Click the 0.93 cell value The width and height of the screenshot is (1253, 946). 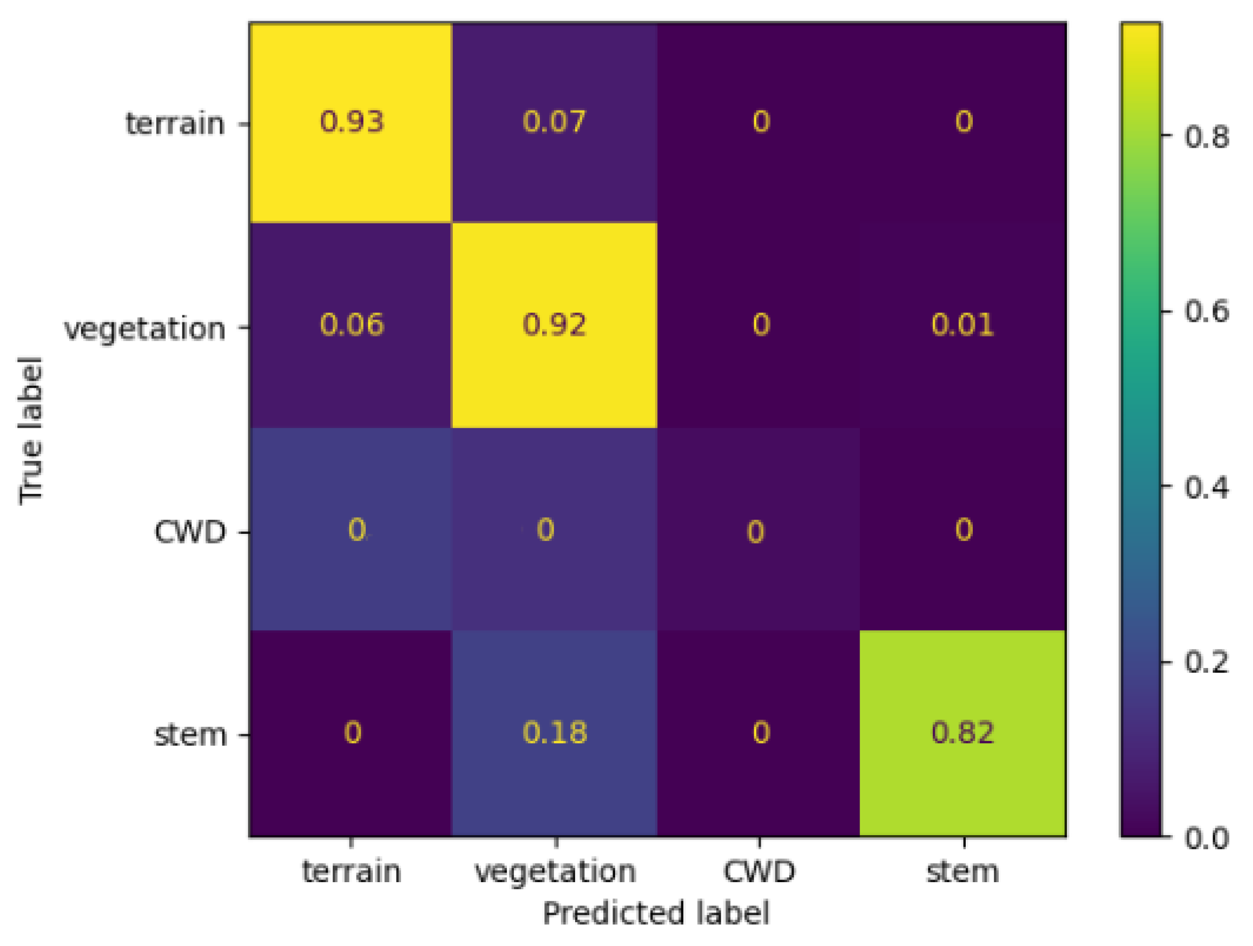tap(351, 122)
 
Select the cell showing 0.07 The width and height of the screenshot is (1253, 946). tap(554, 122)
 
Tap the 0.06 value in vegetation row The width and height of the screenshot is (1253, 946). tap(351, 325)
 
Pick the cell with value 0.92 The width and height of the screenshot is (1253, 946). tap(554, 325)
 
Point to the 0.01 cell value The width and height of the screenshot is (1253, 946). tap(962, 325)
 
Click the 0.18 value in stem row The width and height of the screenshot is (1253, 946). tap(554, 732)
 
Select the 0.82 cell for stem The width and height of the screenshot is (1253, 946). tap(962, 732)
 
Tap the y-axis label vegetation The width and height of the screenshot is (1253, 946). tap(144, 328)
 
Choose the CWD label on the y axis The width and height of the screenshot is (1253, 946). tap(190, 532)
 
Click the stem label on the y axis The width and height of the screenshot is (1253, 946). tap(190, 735)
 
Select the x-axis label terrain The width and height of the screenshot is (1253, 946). tap(351, 871)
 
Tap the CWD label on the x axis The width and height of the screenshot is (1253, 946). tap(759, 871)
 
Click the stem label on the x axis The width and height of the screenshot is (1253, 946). tap(962, 871)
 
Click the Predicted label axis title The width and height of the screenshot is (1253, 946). tap(656, 913)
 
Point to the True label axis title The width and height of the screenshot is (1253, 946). tap(31, 431)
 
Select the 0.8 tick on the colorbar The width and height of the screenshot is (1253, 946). tap(1206, 136)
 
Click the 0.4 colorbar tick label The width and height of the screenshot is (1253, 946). tap(1206, 487)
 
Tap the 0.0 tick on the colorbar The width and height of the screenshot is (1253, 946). tap(1206, 838)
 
